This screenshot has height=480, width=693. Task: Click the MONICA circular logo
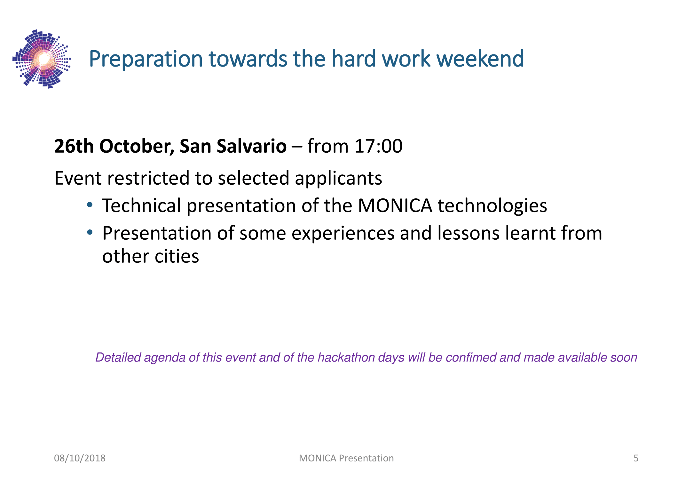coord(42,59)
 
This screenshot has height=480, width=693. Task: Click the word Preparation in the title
coord(146,59)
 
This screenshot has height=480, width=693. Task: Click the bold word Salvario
coord(251,146)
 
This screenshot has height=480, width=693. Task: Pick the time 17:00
coord(378,146)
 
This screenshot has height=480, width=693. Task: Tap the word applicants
coord(338,179)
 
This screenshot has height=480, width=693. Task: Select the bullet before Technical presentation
coord(90,204)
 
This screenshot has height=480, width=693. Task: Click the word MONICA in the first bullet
coord(395,206)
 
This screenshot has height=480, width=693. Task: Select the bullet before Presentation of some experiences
coord(90,232)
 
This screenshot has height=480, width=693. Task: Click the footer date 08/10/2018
coord(80,458)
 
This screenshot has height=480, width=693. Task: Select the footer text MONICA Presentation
coord(346,458)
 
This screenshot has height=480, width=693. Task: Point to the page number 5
coord(636,458)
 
